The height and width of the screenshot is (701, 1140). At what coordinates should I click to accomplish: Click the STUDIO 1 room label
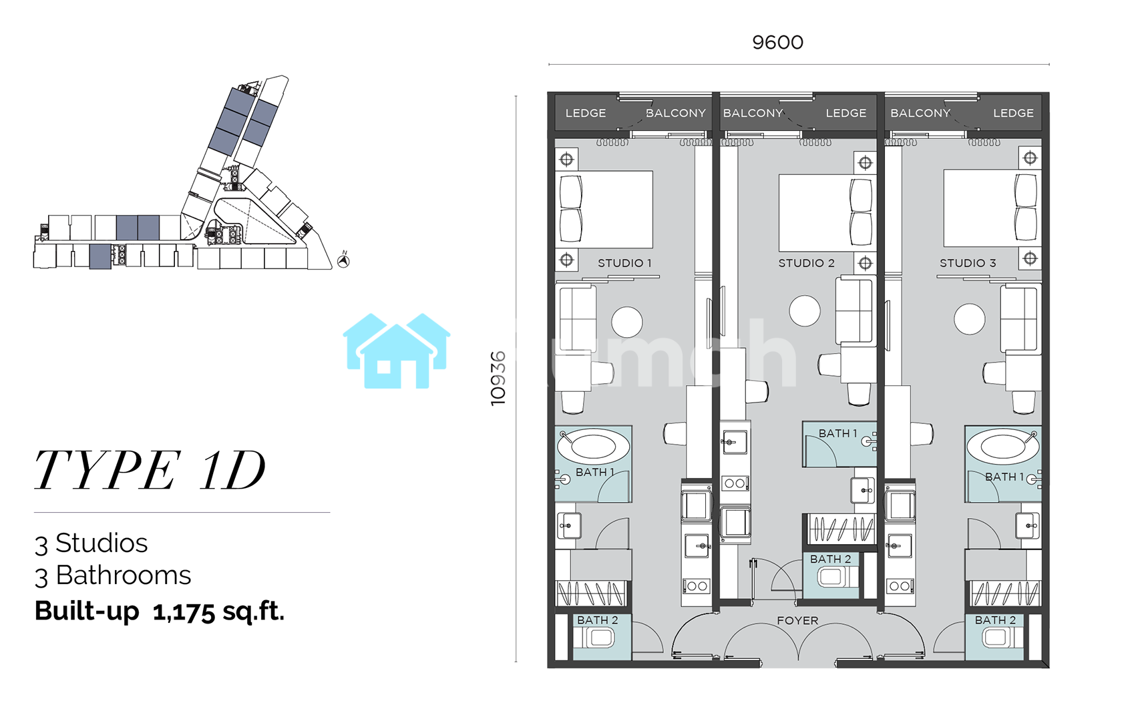pyautogui.click(x=624, y=263)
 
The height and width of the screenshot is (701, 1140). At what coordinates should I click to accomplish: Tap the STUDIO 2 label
pyautogui.click(x=806, y=263)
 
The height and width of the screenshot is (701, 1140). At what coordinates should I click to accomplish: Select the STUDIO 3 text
pyautogui.click(x=968, y=263)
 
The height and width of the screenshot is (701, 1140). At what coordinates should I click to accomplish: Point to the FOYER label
pyautogui.click(x=797, y=621)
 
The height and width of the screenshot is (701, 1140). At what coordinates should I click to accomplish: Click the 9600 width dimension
pyautogui.click(x=777, y=43)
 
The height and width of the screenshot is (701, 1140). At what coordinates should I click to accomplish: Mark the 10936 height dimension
pyautogui.click(x=498, y=378)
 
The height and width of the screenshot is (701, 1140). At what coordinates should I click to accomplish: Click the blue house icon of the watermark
pyautogui.click(x=397, y=350)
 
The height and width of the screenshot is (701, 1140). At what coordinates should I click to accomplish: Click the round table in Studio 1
pyautogui.click(x=626, y=322)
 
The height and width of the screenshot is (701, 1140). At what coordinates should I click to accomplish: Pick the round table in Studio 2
pyautogui.click(x=805, y=310)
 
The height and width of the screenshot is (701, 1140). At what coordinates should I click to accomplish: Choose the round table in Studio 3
pyautogui.click(x=969, y=319)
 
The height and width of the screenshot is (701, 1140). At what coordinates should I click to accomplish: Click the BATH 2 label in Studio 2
pyautogui.click(x=830, y=559)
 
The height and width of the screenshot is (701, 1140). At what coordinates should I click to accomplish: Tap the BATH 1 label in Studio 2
pyautogui.click(x=837, y=434)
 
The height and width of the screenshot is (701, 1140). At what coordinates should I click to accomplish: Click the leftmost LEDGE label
pyautogui.click(x=586, y=113)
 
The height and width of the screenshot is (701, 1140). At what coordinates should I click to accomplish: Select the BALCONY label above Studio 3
pyautogui.click(x=920, y=113)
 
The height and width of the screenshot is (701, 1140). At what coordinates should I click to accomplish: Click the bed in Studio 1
pyautogui.click(x=604, y=209)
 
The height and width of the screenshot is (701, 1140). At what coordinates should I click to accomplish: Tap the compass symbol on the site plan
pyautogui.click(x=344, y=260)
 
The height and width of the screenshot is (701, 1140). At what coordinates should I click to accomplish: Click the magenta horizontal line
pyautogui.click(x=182, y=512)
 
